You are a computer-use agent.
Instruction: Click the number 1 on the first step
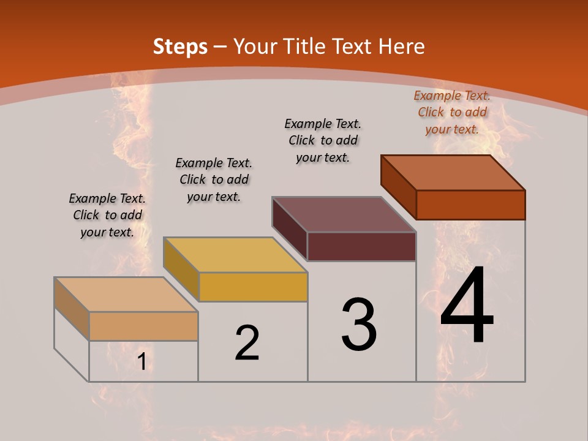(x=141, y=362)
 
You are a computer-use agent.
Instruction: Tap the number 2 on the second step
(x=247, y=343)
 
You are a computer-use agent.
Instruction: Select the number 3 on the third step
(x=359, y=325)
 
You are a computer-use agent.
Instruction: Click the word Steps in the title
(x=180, y=47)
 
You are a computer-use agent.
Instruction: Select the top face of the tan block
(x=126, y=295)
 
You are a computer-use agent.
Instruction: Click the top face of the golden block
(x=235, y=255)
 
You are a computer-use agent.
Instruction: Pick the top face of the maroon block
(x=344, y=214)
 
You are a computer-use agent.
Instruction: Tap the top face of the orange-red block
(x=453, y=173)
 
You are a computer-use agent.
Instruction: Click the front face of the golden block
(x=253, y=287)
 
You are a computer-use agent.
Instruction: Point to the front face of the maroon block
(x=361, y=246)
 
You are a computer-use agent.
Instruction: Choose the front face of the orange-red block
(x=470, y=205)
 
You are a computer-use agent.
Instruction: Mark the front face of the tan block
(x=143, y=326)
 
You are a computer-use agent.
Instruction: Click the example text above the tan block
(x=107, y=215)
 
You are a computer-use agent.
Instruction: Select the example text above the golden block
(x=214, y=179)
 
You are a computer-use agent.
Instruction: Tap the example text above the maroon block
(x=323, y=140)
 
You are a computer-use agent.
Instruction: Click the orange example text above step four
(x=452, y=112)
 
